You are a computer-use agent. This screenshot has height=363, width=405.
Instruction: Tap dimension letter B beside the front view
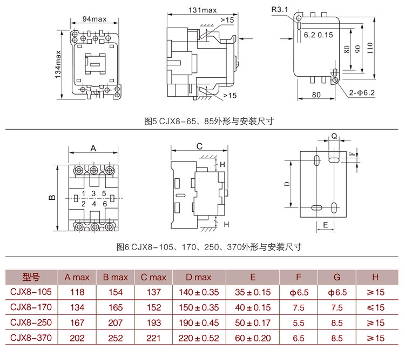(52, 198)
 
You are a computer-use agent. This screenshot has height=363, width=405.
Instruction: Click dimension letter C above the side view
(199, 146)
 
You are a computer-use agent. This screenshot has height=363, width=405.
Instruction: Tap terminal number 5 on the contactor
(104, 193)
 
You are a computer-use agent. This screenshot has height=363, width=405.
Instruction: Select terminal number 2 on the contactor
(83, 204)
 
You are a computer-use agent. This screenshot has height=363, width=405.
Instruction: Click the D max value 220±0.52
(199, 338)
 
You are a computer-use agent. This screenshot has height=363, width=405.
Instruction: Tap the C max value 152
(153, 307)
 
